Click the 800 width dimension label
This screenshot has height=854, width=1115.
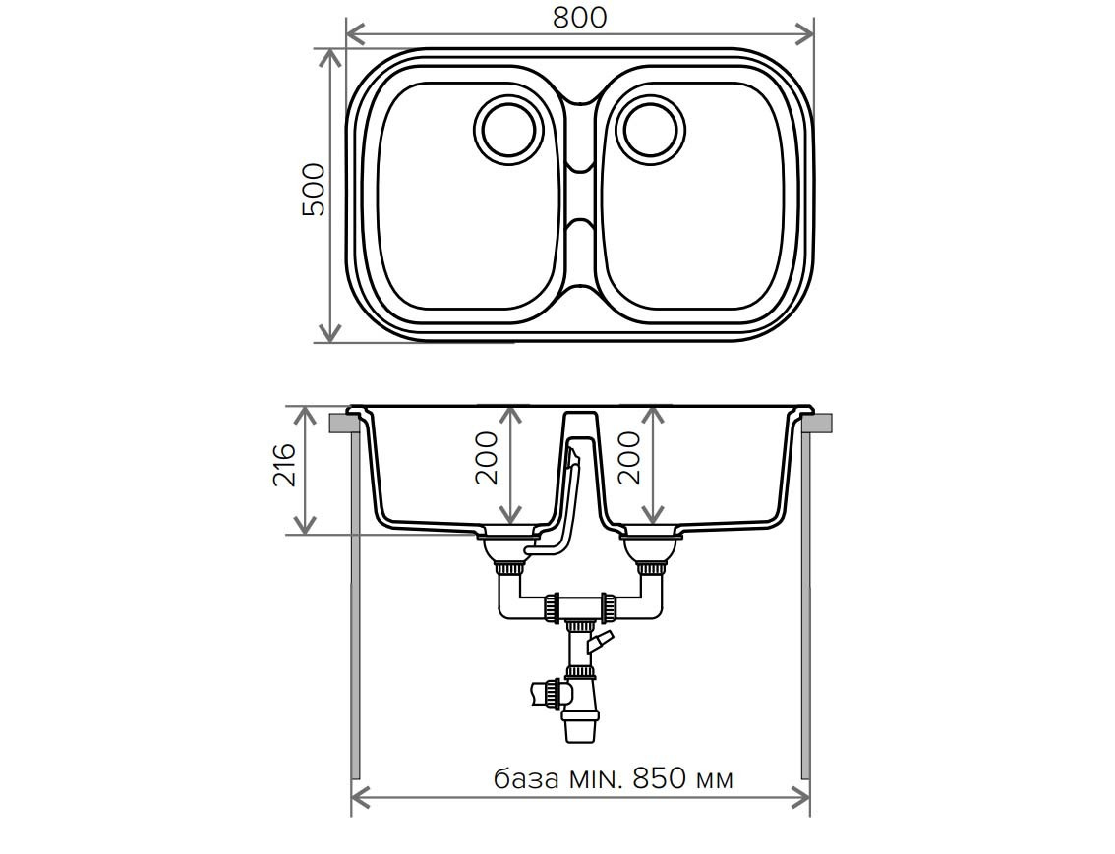pyautogui.click(x=579, y=18)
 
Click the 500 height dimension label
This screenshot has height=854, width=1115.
pyautogui.click(x=314, y=190)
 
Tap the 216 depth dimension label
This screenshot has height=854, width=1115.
pyautogui.click(x=284, y=465)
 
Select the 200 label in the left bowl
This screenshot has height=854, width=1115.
pyautogui.click(x=487, y=458)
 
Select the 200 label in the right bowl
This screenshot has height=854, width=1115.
pyautogui.click(x=629, y=458)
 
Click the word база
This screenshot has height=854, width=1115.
pyautogui.click(x=526, y=779)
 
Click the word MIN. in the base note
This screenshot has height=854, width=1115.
pyautogui.click(x=596, y=778)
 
